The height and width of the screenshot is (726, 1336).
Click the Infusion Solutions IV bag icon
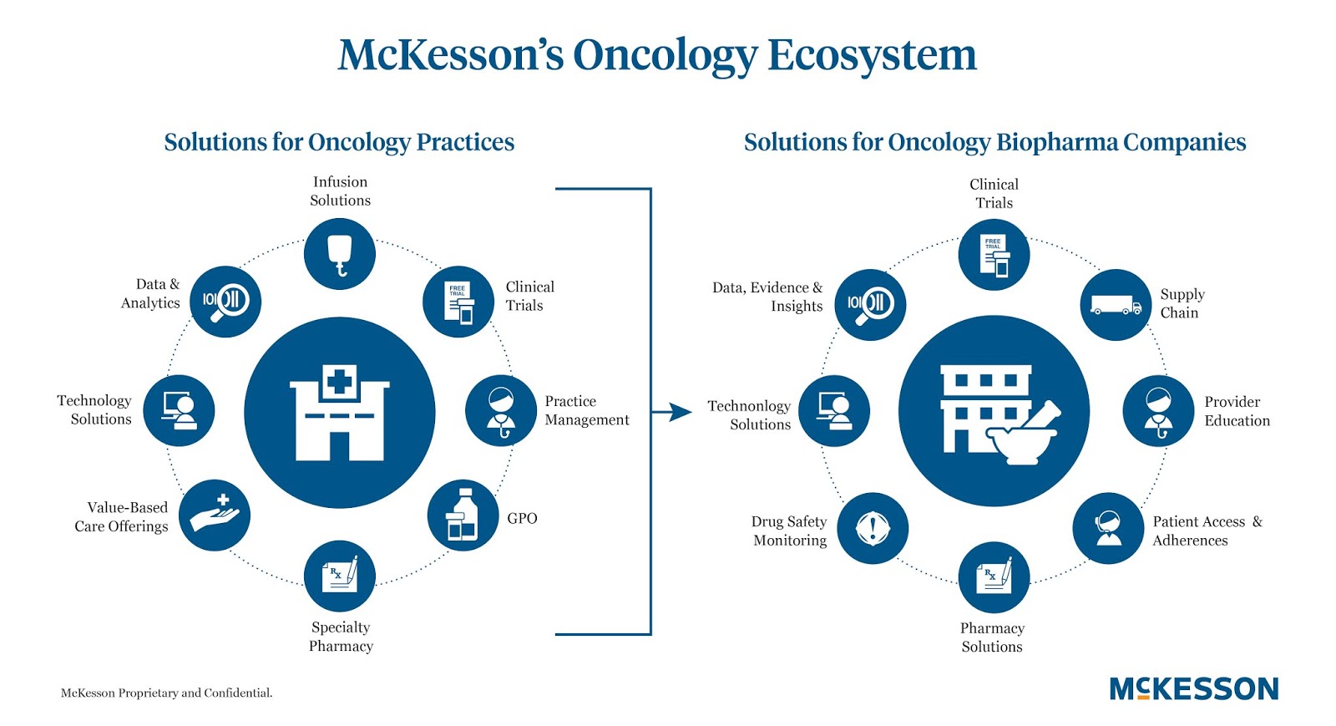[x=339, y=254]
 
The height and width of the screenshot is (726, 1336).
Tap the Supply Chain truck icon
[x=1116, y=305]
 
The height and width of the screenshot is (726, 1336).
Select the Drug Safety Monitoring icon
[x=873, y=528]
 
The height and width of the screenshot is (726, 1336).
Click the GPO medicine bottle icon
[x=463, y=515]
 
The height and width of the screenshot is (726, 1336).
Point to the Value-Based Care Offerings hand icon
[x=215, y=515]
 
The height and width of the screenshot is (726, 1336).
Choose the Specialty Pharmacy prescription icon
[x=340, y=576]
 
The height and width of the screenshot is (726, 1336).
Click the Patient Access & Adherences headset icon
[x=1108, y=528]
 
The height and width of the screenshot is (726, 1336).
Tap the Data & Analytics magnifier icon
[x=225, y=302]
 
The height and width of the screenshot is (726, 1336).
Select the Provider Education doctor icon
[x=1158, y=411]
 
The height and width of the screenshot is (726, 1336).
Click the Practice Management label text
[x=586, y=410]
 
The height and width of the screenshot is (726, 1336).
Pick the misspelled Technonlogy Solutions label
[x=749, y=414]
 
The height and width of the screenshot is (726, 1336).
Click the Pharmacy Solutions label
[x=992, y=637]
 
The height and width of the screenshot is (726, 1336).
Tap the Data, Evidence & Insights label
[x=767, y=297]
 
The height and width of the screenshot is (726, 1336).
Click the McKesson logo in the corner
[x=1193, y=689]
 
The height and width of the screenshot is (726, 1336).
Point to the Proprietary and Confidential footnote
[x=167, y=693]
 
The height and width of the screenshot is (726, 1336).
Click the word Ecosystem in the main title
[x=872, y=55]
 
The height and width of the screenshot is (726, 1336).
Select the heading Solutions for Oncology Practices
[x=339, y=142]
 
